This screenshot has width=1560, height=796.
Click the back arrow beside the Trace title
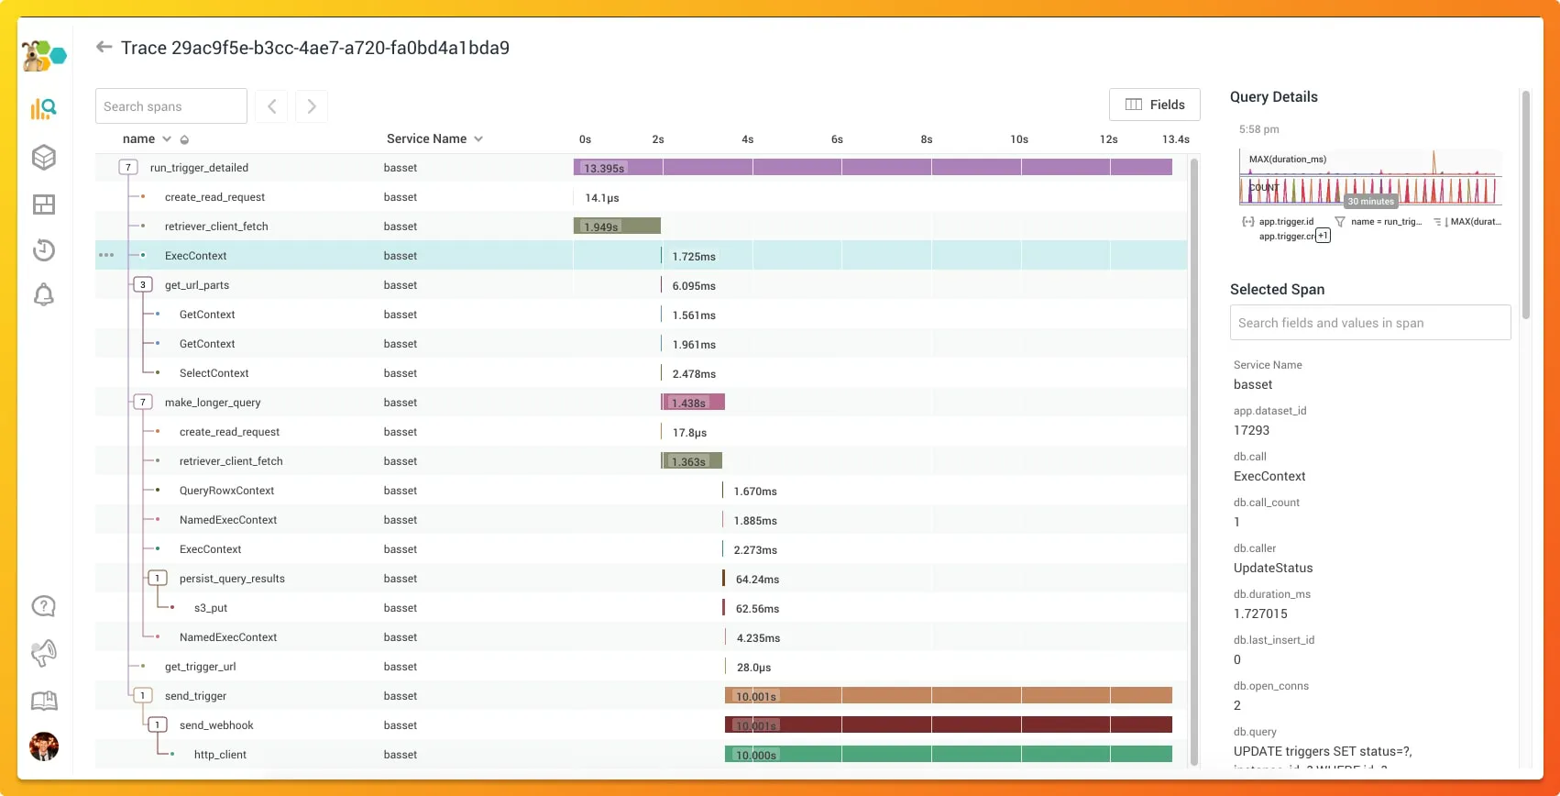tap(104, 47)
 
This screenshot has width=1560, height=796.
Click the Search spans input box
tap(171, 106)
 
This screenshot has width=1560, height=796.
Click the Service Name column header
tap(427, 138)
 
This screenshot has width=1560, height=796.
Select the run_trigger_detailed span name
tap(199, 168)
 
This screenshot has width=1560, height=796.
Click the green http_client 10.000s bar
tap(949, 755)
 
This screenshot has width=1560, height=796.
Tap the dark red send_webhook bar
tap(949, 725)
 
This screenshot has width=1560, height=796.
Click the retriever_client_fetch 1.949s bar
tap(617, 227)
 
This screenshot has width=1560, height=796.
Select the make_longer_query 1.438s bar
tap(693, 403)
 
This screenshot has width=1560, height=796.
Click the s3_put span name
tap(211, 608)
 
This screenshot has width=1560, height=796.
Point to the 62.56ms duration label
tap(757, 609)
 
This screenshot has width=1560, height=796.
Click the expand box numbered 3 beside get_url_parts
tap(143, 285)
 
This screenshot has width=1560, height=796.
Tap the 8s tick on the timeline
tap(927, 139)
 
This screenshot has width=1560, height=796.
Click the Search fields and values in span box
tap(1369, 323)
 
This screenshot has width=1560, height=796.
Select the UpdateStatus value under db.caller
tap(1273, 568)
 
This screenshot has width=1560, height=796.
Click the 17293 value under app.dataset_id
tap(1251, 430)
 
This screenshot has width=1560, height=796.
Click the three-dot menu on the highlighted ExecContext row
tap(106, 255)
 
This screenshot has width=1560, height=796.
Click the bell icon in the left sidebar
tap(44, 294)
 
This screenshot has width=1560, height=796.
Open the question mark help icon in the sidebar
tap(44, 606)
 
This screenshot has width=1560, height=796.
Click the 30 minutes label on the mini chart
tap(1370, 202)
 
